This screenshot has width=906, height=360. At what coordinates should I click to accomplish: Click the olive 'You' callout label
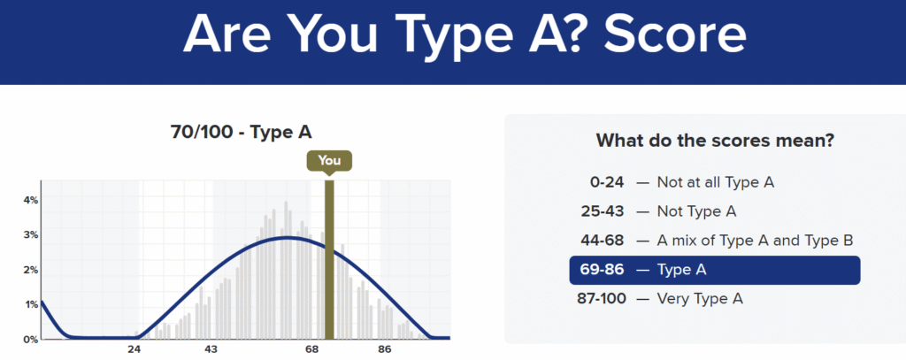pyautogui.click(x=329, y=161)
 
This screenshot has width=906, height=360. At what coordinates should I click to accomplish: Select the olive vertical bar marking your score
pyautogui.click(x=329, y=259)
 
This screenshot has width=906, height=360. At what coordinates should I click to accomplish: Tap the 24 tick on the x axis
pyautogui.click(x=134, y=349)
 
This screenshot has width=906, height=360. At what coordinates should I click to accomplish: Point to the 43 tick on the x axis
pyautogui.click(x=211, y=349)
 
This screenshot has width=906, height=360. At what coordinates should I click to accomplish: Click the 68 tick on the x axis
pyautogui.click(x=312, y=349)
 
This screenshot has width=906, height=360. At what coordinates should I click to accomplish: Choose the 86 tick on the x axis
pyautogui.click(x=385, y=349)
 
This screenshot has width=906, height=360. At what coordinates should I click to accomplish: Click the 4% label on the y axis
pyautogui.click(x=31, y=200)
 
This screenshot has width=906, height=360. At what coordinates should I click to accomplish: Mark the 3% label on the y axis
pyautogui.click(x=31, y=234)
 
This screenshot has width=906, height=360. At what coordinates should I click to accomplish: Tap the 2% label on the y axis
pyautogui.click(x=31, y=270)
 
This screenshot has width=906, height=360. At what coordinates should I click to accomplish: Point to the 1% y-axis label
pyautogui.click(x=31, y=304)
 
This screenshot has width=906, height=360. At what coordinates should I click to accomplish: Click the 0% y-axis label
pyautogui.click(x=31, y=339)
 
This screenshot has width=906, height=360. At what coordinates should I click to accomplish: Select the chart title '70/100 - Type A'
pyautogui.click(x=242, y=133)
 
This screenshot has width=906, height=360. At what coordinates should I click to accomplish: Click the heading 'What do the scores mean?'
pyautogui.click(x=715, y=141)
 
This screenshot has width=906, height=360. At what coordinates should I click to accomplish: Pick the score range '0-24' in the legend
pyautogui.click(x=607, y=182)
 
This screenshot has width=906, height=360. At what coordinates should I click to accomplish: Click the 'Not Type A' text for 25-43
pyautogui.click(x=697, y=211)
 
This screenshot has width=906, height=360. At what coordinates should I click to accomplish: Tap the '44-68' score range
pyautogui.click(x=603, y=241)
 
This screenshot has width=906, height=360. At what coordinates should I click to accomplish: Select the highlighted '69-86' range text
pyautogui.click(x=603, y=270)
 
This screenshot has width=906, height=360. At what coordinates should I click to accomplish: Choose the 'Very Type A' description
pyautogui.click(x=700, y=299)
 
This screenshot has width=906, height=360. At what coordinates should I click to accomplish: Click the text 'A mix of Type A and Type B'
pyautogui.click(x=756, y=241)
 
